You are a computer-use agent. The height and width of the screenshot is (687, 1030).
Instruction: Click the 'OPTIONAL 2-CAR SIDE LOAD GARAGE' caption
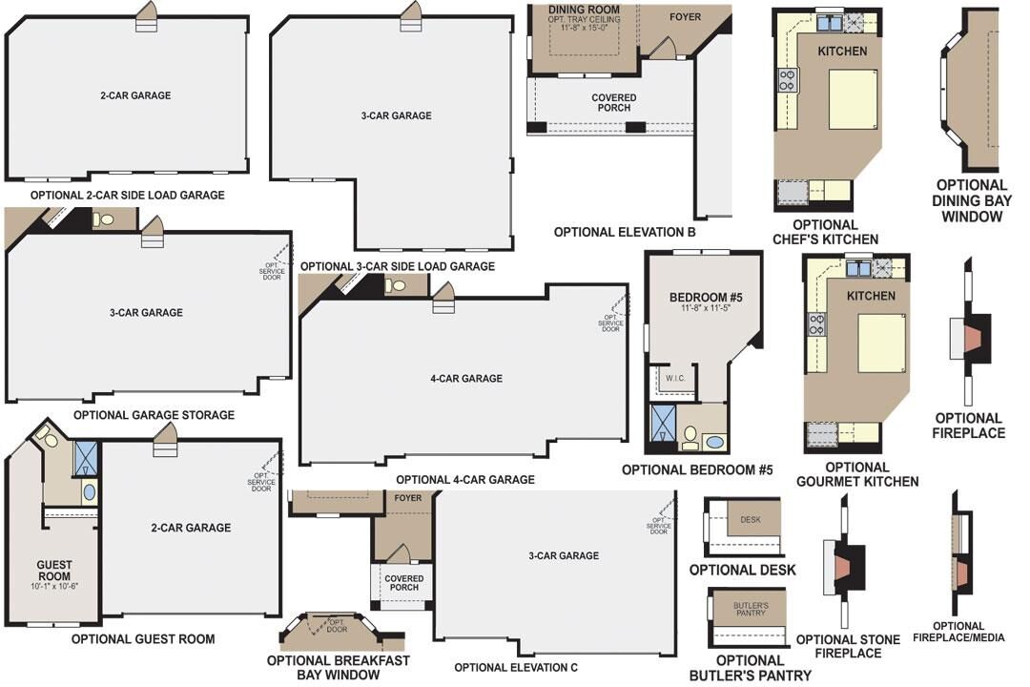point(128,195)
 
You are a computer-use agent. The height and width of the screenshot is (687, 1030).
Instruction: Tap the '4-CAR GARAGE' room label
point(465,379)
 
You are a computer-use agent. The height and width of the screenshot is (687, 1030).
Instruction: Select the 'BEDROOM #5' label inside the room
point(706,298)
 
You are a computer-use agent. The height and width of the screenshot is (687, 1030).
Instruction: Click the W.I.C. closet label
point(676,378)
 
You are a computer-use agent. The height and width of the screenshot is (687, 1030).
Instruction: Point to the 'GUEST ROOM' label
point(54,571)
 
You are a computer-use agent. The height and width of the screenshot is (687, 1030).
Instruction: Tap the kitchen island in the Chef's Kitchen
point(852,98)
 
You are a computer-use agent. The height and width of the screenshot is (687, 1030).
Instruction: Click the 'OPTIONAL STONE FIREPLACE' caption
point(838,646)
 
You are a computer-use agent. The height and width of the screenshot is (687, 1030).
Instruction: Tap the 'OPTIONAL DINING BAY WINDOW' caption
point(971,200)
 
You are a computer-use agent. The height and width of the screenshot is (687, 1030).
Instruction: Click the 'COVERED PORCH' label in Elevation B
point(613,103)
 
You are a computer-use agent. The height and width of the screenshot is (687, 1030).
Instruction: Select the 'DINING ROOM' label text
point(585,10)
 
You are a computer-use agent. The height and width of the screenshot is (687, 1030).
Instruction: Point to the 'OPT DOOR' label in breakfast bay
point(337,626)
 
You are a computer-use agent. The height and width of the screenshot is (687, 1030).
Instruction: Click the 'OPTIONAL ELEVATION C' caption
point(515,668)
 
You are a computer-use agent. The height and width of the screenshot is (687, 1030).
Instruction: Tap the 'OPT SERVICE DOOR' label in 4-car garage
point(610,323)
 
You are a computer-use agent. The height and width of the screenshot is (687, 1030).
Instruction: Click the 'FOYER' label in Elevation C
point(407,498)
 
